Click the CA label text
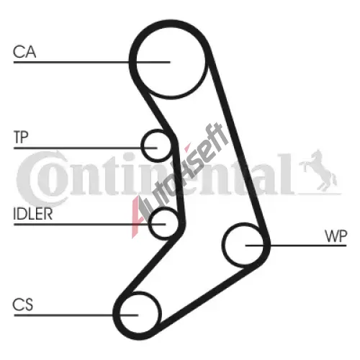pyautogui.click(x=24, y=52)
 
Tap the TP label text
pyautogui.click(x=21, y=137)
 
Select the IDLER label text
pyautogui.click(x=33, y=214)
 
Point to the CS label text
pyautogui.click(x=23, y=305)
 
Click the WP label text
pyautogui.click(x=336, y=236)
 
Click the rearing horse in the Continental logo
pyautogui.click(x=318, y=171)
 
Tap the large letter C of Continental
pyautogui.click(x=36, y=178)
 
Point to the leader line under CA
pyautogui.click(x=91, y=62)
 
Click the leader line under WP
pyautogui.click(x=296, y=246)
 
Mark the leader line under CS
pyautogui.click(x=76, y=315)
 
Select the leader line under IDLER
pyautogui.click(x=90, y=225)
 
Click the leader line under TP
pyautogui.click(x=85, y=148)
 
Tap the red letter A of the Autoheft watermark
pyautogui.click(x=139, y=216)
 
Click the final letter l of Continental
pyautogui.click(x=286, y=174)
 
